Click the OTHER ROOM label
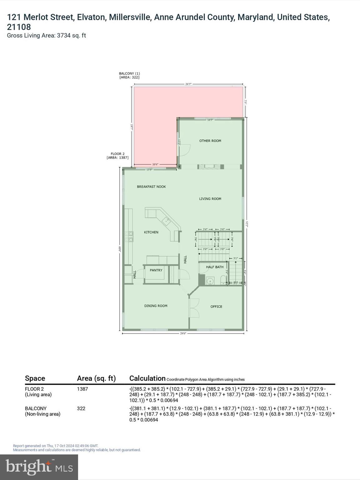[210, 141]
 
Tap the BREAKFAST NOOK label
[151, 187]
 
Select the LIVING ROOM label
[210, 199]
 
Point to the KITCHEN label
[151, 232]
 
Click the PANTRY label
[156, 270]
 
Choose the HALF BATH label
[215, 267]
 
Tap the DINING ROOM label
[156, 306]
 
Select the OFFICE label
[216, 307]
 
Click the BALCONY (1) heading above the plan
[129, 75]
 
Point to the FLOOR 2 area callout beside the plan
[117, 156]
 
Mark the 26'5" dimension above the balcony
[188, 84]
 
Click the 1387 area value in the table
[82, 389]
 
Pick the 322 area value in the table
[81, 408]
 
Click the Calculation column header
[147, 378]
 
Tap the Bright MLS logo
[39, 467]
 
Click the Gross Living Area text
[46, 36]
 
